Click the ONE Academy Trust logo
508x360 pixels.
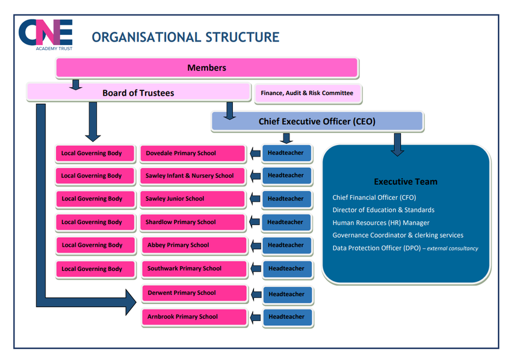(x=45, y=35)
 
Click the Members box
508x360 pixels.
(x=206, y=67)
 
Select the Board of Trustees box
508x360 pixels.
(x=138, y=92)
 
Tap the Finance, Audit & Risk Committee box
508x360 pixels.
(x=308, y=93)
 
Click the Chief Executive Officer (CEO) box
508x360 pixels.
(x=317, y=121)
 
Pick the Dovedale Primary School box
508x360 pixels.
(x=193, y=154)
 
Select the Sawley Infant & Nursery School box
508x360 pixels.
(x=193, y=176)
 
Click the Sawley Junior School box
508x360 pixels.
(x=193, y=199)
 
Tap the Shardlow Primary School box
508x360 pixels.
(x=193, y=222)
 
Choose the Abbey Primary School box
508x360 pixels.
(x=194, y=245)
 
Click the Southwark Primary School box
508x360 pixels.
(x=194, y=268)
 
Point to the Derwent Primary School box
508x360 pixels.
(x=194, y=293)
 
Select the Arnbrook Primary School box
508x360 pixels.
(x=194, y=317)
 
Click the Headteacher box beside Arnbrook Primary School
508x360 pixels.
(x=287, y=317)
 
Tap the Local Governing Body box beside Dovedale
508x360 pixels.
(x=95, y=154)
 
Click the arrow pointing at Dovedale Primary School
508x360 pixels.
(x=255, y=154)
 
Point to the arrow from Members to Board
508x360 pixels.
(x=75, y=84)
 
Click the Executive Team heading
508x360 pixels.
(x=406, y=181)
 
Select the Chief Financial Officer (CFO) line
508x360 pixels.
(x=374, y=197)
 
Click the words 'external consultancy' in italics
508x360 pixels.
(x=453, y=249)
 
